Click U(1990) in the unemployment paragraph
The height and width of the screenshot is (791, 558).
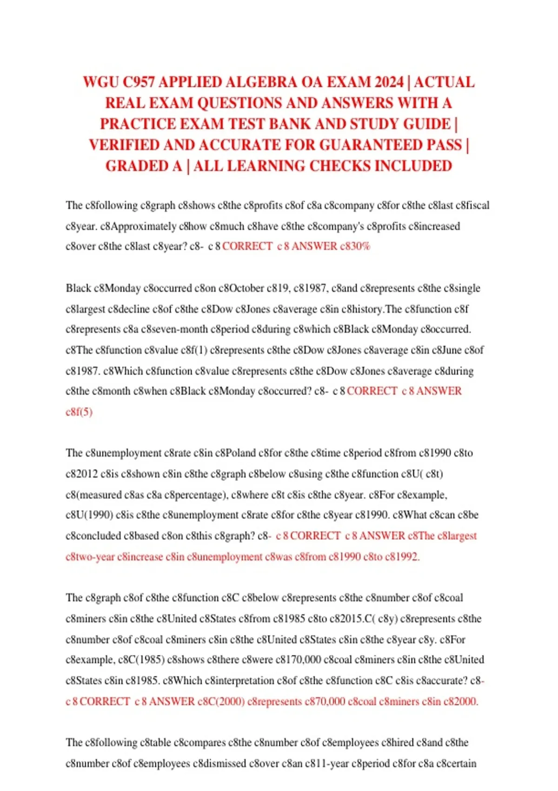[93, 515]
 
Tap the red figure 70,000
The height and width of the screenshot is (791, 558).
[328, 701]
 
